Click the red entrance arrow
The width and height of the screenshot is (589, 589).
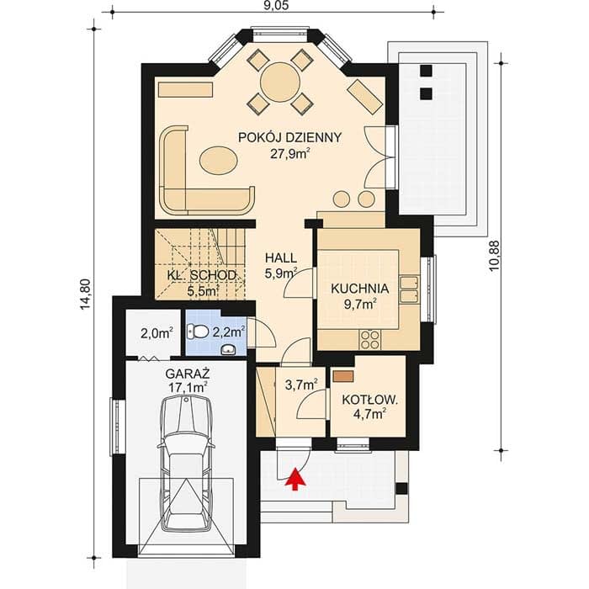tap(295, 479)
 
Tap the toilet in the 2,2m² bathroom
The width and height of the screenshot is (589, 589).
tap(198, 332)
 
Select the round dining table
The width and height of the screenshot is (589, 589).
tap(280, 81)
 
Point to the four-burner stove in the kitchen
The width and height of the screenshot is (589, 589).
tap(369, 339)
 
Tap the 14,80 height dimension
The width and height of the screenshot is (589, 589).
tap(86, 294)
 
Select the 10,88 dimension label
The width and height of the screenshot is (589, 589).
tap(495, 256)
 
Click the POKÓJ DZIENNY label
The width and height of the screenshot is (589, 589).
tap(290, 137)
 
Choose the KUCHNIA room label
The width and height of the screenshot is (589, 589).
tap(359, 289)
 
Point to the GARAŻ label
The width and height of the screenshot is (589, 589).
tap(188, 374)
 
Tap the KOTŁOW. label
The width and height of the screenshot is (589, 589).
tap(369, 400)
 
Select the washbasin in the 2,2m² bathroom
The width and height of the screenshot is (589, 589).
tap(228, 350)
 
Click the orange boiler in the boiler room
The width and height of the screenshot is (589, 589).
tap(343, 376)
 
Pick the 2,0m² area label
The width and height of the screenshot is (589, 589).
tap(157, 332)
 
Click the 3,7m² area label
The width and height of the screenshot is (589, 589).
tap(301, 385)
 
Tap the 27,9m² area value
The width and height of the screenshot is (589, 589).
tap(290, 153)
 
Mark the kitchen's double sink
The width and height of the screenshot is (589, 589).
tap(410, 289)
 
